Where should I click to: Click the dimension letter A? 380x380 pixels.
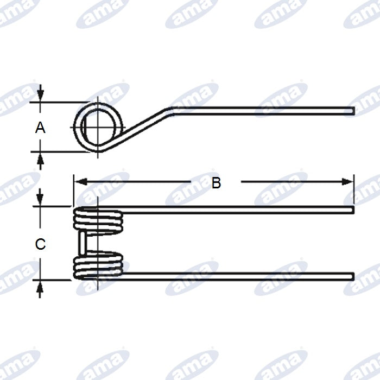(x=40, y=128)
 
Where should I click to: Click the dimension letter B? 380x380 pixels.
(x=216, y=183)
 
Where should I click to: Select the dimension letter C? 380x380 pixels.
(x=40, y=244)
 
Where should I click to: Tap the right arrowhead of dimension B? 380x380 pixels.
(x=347, y=181)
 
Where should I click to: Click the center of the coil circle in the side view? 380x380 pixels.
(x=98, y=127)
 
